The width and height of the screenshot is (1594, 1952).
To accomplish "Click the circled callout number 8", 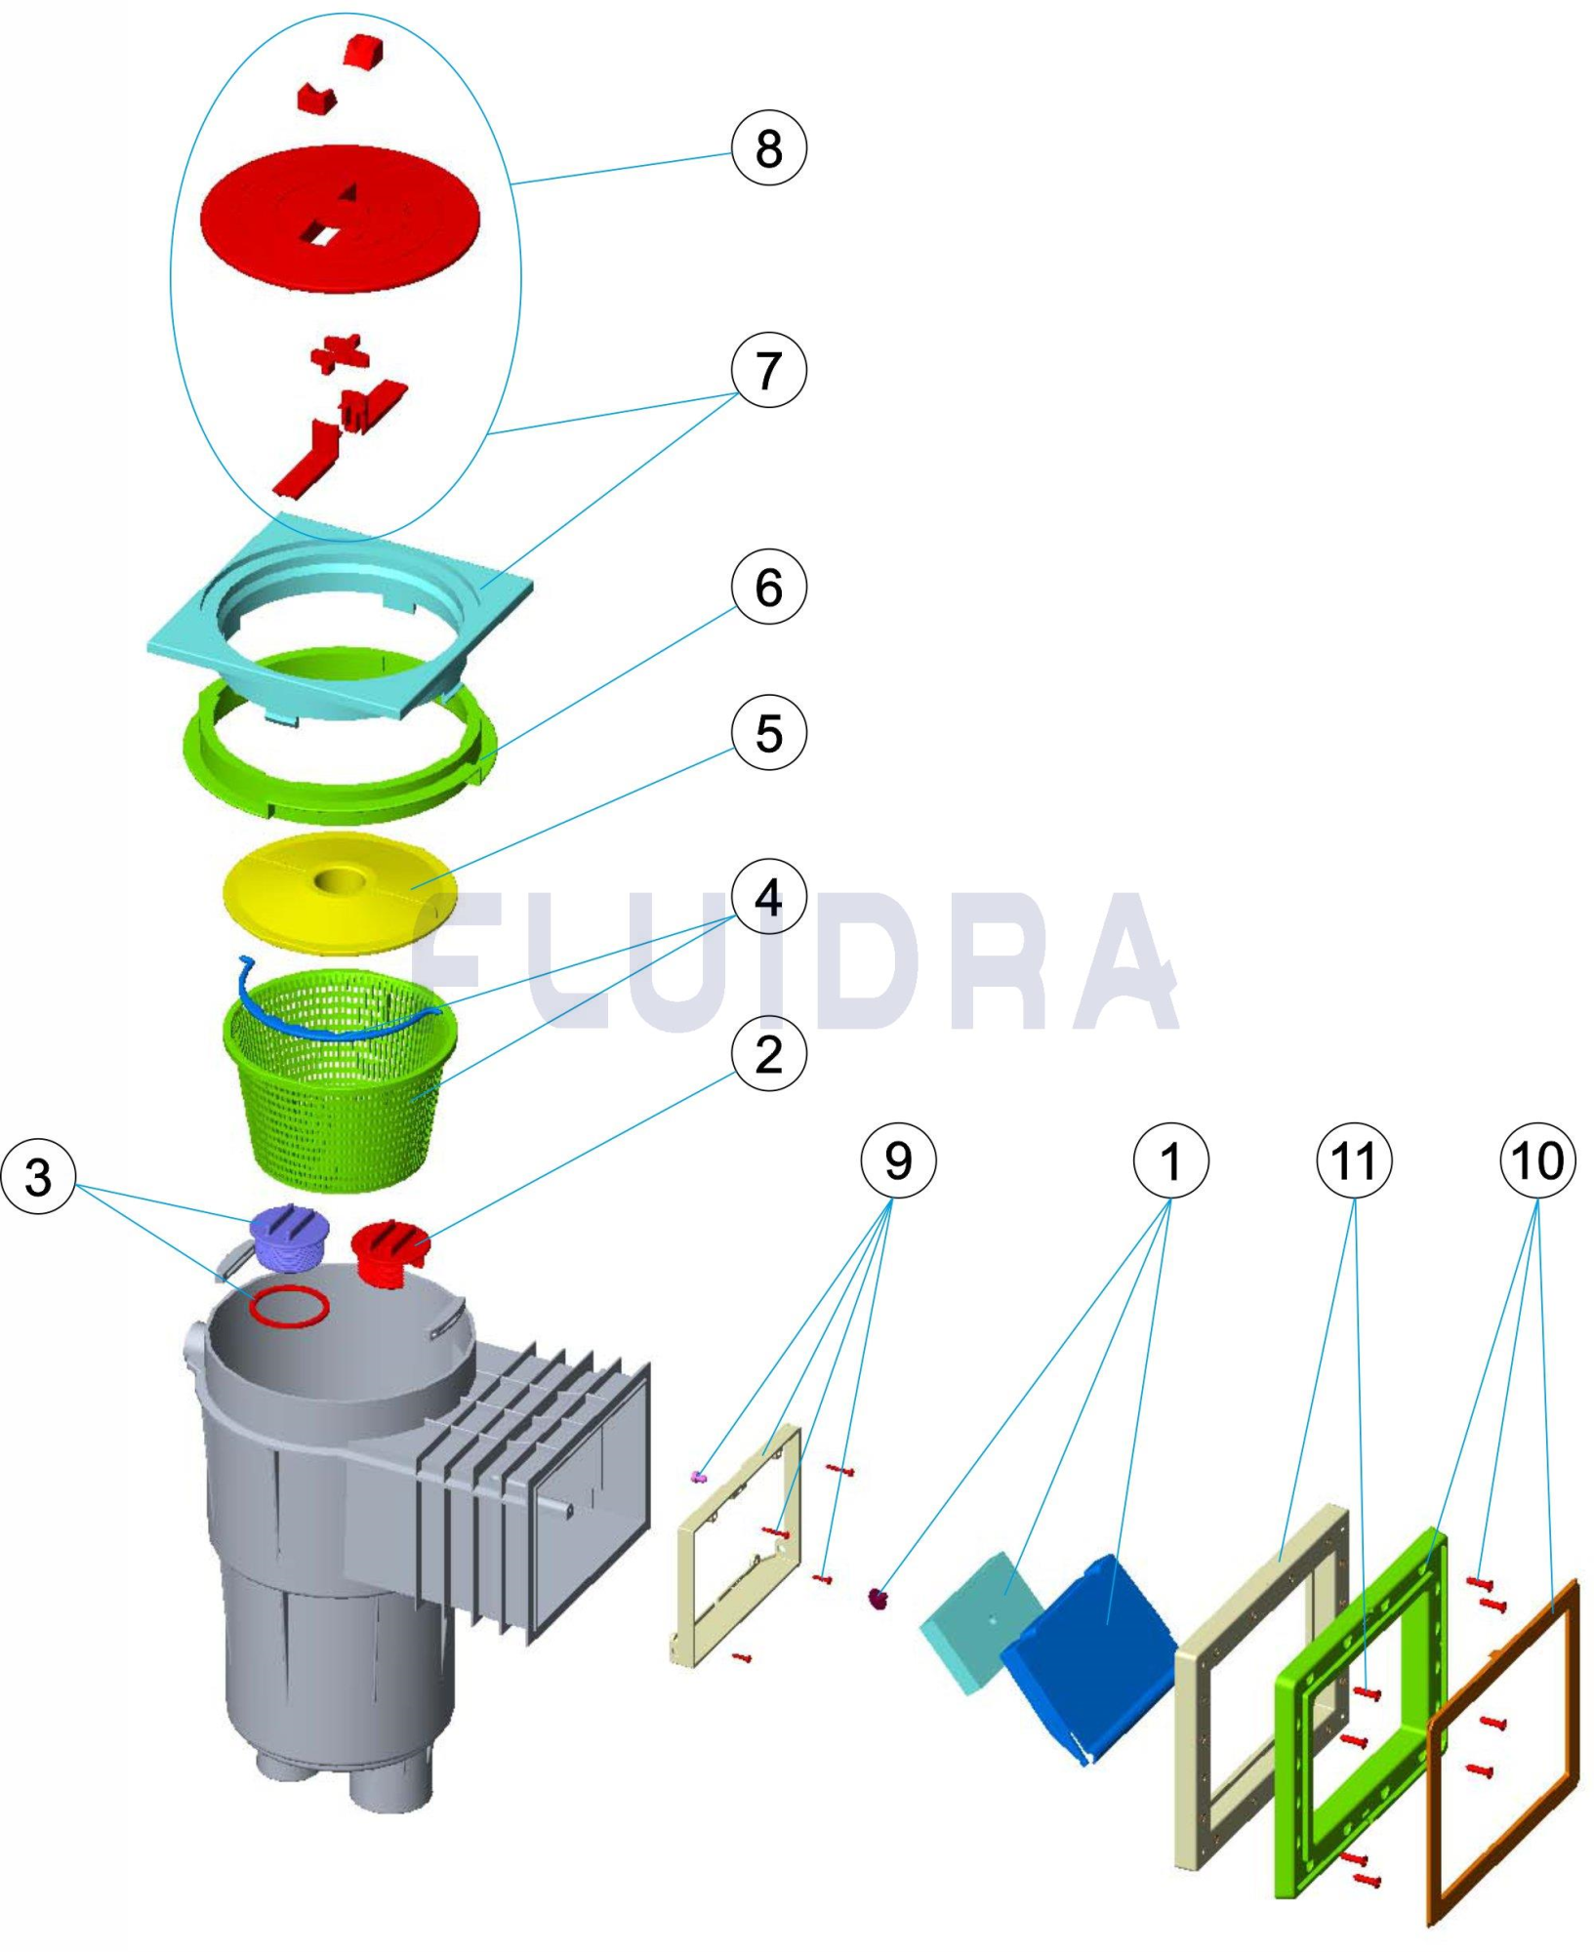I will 768,148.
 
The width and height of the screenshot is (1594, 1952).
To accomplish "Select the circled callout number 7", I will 768,371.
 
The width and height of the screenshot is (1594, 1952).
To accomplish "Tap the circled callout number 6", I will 768,588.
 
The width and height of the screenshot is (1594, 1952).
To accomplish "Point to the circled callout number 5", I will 768,733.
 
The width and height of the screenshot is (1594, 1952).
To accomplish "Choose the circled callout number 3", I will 38,1176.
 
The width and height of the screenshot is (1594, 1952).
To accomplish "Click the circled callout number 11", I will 1354,1160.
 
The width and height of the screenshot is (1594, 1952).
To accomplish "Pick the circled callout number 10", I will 1537,1160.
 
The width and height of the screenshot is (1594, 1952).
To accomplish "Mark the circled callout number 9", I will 897,1160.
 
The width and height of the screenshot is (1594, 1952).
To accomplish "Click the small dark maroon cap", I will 879,1598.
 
